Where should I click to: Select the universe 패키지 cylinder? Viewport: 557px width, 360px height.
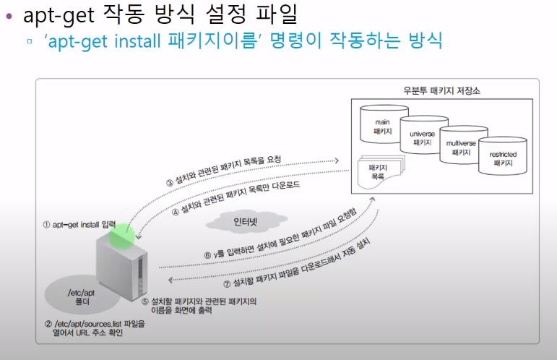(x=422, y=137)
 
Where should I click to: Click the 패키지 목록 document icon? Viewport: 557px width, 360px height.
(x=376, y=173)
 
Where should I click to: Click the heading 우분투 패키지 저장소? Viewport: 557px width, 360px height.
(x=441, y=91)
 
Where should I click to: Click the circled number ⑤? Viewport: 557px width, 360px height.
(x=143, y=300)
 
